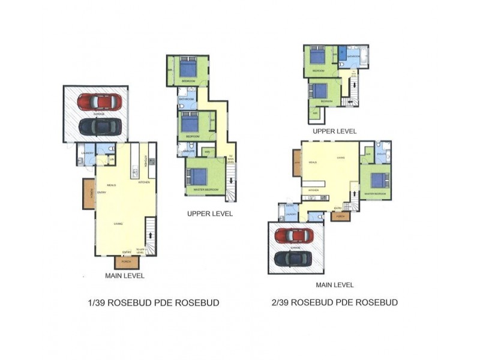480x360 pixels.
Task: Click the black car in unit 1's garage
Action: (x=100, y=126)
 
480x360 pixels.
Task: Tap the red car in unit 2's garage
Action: (x=294, y=235)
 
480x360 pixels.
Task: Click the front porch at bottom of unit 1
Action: (x=126, y=262)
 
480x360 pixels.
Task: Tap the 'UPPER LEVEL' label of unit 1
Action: (x=209, y=214)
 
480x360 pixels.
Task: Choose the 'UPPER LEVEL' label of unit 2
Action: (x=334, y=131)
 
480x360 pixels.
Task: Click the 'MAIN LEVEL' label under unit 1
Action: (x=124, y=276)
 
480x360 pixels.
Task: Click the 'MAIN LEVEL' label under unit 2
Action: (x=334, y=285)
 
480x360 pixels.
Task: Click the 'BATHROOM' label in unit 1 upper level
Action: (x=186, y=98)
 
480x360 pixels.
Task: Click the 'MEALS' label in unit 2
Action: (x=312, y=162)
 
